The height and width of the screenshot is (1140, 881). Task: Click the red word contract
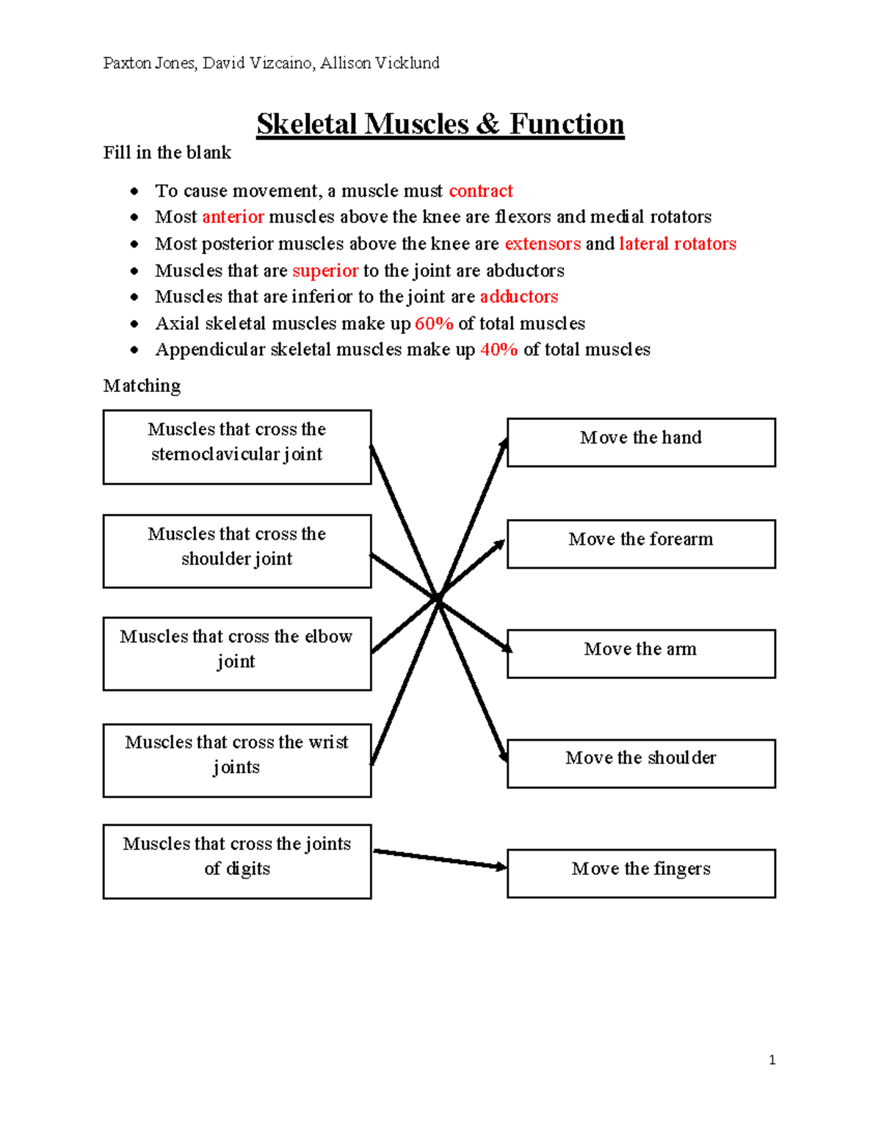tap(480, 191)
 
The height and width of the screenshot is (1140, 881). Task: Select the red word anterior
tap(233, 217)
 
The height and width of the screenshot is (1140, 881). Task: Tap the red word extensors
tap(543, 244)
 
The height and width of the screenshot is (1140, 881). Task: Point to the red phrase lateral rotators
tap(677, 244)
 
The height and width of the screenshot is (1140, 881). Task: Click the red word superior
tap(325, 271)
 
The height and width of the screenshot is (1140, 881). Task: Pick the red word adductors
tap(518, 297)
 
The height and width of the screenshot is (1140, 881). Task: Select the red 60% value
tap(433, 324)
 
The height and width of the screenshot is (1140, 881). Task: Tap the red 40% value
tap(498, 349)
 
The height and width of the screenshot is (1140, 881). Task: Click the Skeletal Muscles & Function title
tap(440, 123)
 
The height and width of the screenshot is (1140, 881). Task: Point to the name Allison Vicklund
tap(380, 63)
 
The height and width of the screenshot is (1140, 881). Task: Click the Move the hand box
tap(641, 442)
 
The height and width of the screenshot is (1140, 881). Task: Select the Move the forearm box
tap(641, 544)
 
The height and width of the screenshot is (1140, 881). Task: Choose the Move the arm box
tap(641, 653)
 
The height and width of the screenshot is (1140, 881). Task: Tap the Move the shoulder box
tap(641, 763)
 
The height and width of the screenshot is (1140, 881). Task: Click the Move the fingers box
tap(641, 874)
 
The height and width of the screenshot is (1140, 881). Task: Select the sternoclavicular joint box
tap(237, 447)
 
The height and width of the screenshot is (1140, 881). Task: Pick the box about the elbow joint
tap(237, 653)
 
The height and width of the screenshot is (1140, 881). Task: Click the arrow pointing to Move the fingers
tap(440, 859)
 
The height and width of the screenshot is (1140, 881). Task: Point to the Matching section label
tap(142, 386)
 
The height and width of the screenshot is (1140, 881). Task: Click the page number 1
tap(772, 1060)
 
